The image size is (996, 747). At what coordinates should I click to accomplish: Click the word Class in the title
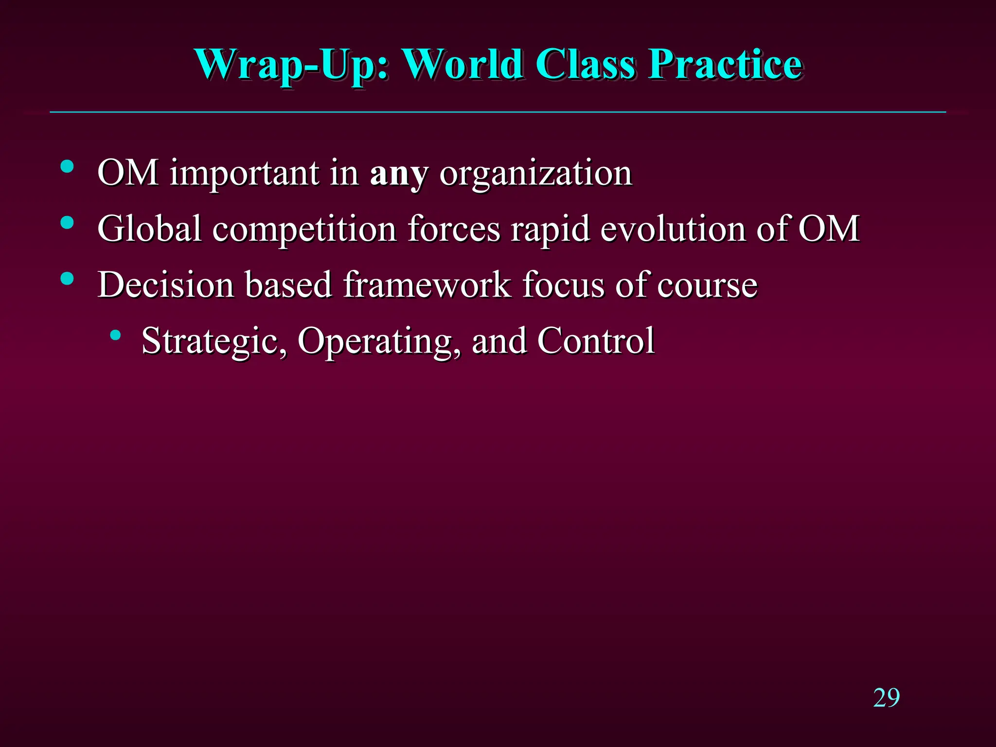point(585,64)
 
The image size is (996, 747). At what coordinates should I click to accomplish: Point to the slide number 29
point(886,698)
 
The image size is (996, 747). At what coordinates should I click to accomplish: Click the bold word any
point(399,174)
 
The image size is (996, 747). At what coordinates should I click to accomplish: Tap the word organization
point(535,174)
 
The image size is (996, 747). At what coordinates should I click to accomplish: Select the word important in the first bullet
point(244,174)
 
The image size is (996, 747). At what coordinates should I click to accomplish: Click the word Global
point(149,229)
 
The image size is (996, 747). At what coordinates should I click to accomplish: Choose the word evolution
point(673,229)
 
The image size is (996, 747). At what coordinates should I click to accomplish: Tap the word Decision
point(165,285)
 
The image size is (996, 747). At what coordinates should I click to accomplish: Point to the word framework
point(427,285)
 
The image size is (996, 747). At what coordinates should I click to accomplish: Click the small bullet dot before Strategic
point(115,335)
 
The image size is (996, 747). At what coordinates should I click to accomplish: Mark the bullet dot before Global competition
point(67,223)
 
